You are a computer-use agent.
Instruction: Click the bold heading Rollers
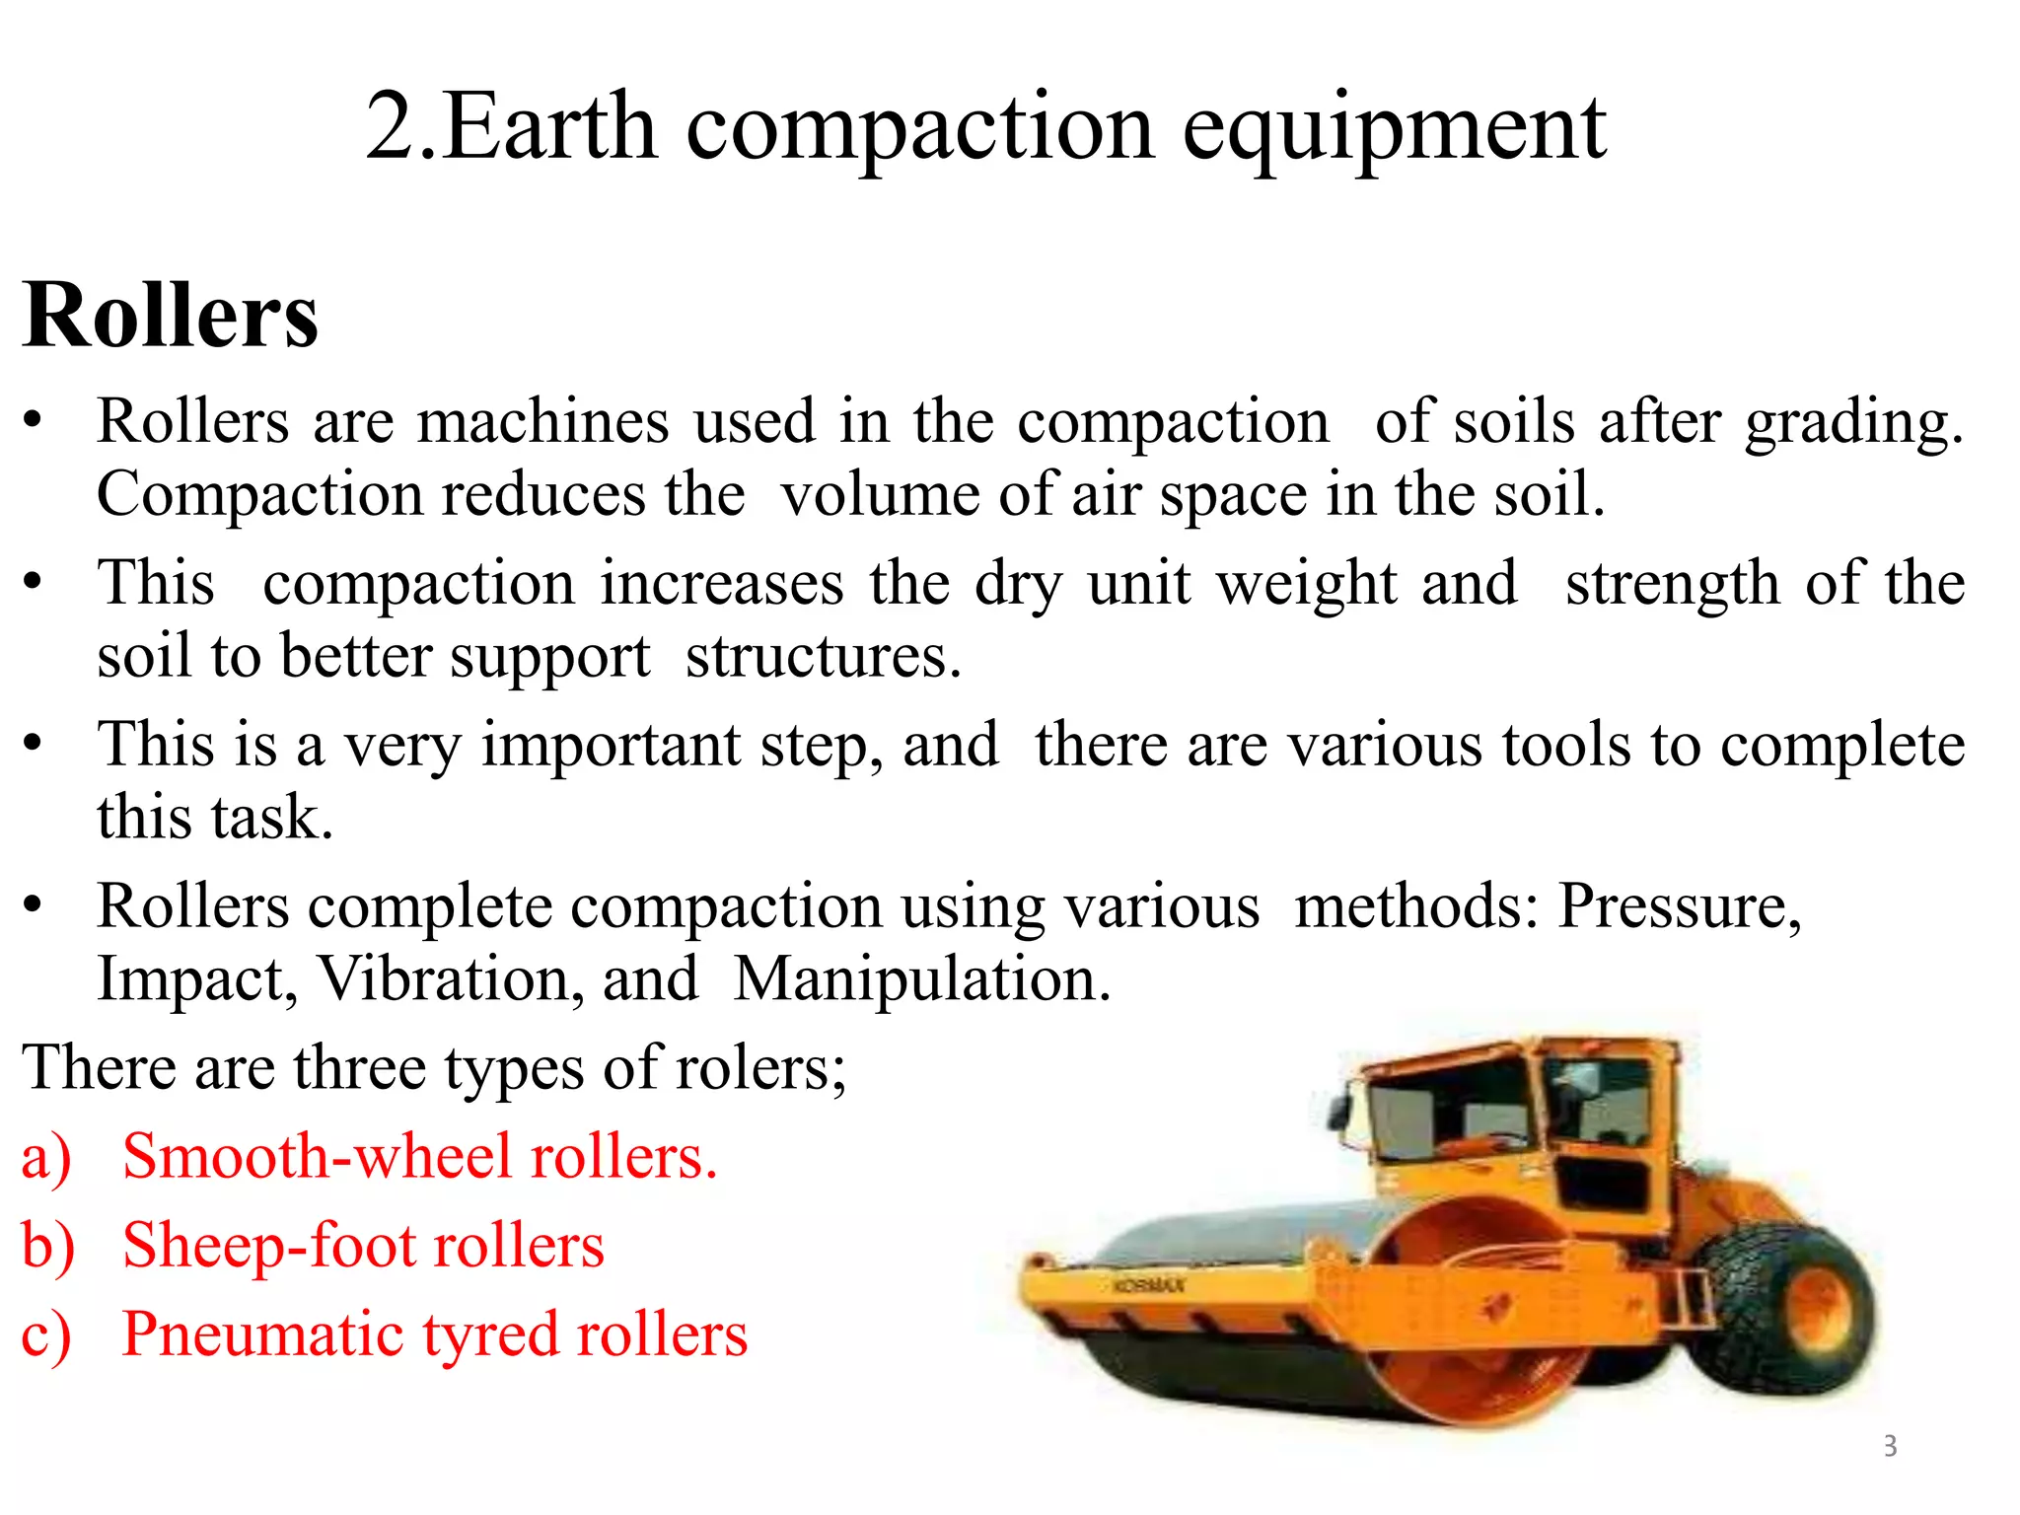(x=171, y=316)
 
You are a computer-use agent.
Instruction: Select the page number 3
(x=1890, y=1446)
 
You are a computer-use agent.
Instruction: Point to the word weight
(x=1306, y=583)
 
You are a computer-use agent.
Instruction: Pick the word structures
(x=822, y=657)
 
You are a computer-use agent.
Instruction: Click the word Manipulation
(x=922, y=979)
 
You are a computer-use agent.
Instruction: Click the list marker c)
(x=46, y=1335)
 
